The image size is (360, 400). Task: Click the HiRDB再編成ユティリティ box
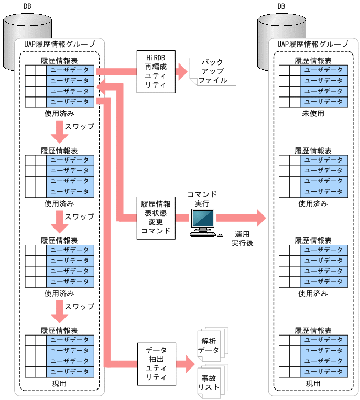tap(156, 71)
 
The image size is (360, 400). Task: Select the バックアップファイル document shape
tap(212, 72)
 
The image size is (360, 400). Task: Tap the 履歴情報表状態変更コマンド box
tap(156, 217)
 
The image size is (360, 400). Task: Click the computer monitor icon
tap(203, 219)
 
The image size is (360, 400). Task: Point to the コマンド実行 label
tap(202, 198)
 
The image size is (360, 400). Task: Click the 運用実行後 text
tap(242, 239)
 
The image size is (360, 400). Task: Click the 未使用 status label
tap(313, 113)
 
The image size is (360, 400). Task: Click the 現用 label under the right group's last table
tap(313, 384)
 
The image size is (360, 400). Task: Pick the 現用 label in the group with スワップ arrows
tap(59, 384)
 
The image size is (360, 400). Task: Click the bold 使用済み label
tap(59, 113)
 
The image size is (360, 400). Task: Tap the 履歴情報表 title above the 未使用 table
tap(313, 60)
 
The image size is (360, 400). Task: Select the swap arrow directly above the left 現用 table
tap(59, 313)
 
